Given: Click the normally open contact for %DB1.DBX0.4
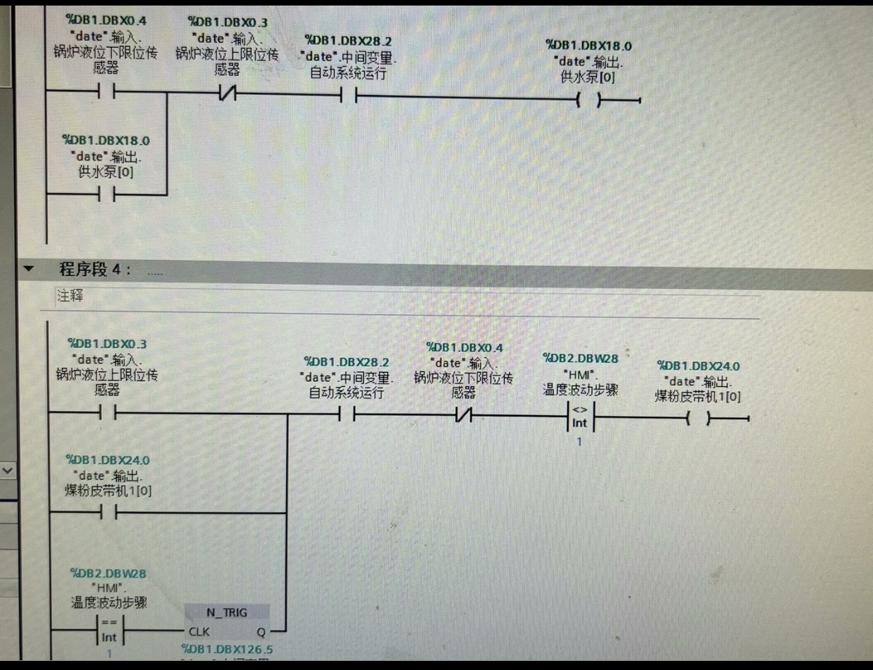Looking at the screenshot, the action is click(x=106, y=91).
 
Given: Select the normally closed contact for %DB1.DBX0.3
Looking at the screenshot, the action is click(x=227, y=93).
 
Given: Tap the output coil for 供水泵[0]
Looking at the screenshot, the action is click(x=588, y=100).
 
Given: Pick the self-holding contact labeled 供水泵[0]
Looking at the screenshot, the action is click(x=106, y=195).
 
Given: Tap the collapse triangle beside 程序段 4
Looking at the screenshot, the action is click(x=28, y=268).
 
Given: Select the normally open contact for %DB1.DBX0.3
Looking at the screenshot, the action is click(x=107, y=413).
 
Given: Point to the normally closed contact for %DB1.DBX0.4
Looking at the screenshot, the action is click(x=463, y=416).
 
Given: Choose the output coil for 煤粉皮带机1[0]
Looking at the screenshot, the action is click(x=698, y=418).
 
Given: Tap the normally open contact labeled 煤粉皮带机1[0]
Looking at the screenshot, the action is click(x=107, y=513).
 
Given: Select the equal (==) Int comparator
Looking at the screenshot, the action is click(x=109, y=630).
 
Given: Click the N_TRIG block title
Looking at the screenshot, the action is click(x=227, y=612).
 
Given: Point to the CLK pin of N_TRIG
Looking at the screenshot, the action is click(x=199, y=631).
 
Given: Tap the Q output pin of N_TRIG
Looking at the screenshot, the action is click(x=261, y=631).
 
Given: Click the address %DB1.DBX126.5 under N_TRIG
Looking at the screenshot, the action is click(x=227, y=649).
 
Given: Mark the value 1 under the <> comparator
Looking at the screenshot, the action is click(x=579, y=441).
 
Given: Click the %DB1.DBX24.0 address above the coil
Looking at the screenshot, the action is click(x=698, y=366).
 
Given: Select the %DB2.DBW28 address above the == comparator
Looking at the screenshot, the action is click(x=108, y=573).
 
